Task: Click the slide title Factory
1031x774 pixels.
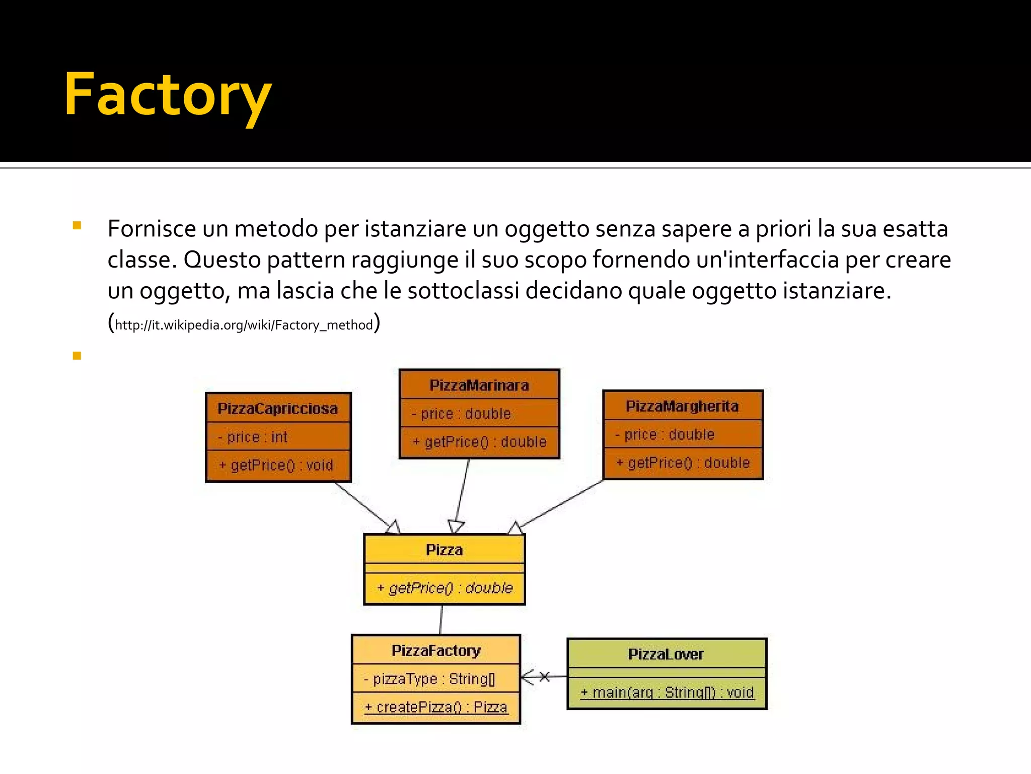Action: (x=168, y=95)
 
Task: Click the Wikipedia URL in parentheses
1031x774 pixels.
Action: (x=244, y=325)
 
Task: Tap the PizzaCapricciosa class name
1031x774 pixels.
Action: (x=278, y=408)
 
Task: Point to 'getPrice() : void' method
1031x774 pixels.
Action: (x=277, y=465)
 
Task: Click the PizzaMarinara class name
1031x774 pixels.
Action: (x=479, y=385)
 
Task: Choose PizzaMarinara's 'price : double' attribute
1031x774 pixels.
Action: (x=461, y=414)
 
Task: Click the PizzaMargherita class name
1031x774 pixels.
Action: (x=682, y=406)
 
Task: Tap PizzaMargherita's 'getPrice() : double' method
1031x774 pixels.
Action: (x=683, y=463)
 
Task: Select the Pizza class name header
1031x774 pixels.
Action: (x=444, y=550)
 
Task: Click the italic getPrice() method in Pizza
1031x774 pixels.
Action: (x=445, y=588)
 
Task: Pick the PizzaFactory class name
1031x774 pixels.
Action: (x=436, y=651)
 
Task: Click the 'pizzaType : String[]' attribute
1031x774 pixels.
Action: (x=430, y=679)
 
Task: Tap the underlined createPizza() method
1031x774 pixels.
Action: (x=436, y=707)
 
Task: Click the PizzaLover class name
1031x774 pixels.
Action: (x=666, y=654)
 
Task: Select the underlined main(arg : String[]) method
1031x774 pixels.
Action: (x=667, y=693)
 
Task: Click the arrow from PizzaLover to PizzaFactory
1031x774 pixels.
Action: (x=543, y=677)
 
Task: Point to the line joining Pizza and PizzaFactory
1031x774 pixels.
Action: (x=441, y=620)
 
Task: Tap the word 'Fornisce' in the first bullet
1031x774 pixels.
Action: (x=152, y=229)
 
